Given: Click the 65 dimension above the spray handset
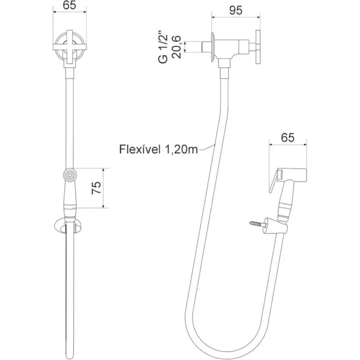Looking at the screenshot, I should [288, 137].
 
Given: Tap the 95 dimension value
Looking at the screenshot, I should [235, 10].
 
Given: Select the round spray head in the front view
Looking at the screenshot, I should [70, 175].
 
